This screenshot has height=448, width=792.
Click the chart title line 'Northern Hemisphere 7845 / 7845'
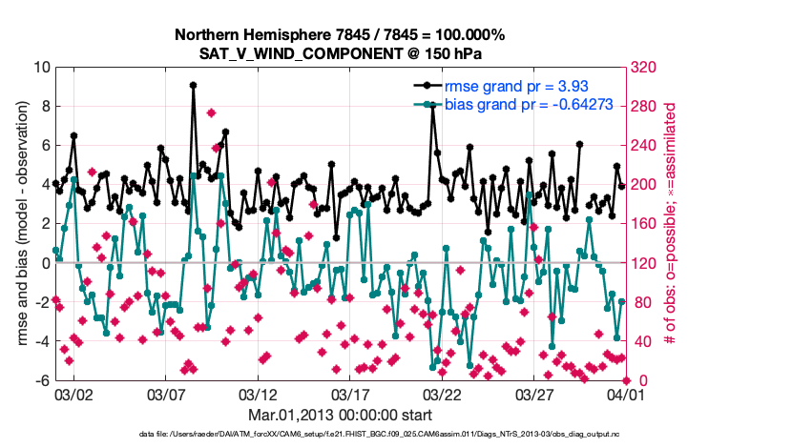point(339,34)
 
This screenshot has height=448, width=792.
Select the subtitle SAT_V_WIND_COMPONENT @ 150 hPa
point(339,51)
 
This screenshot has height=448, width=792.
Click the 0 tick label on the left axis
point(44,263)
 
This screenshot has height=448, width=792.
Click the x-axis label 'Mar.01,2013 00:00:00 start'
point(339,415)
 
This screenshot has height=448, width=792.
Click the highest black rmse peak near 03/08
point(193,85)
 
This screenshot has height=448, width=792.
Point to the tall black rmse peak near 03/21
point(432,107)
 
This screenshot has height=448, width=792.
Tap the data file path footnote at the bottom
point(380,434)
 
